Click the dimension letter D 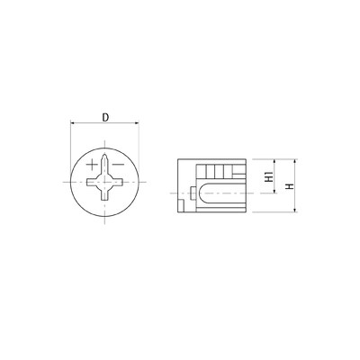tap(105, 118)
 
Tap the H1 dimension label tap(270, 176)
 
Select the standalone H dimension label tap(290, 186)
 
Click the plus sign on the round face tap(92, 165)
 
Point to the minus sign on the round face tap(118, 165)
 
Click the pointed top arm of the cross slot tap(104, 165)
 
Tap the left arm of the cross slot tap(93, 182)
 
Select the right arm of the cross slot tap(116, 182)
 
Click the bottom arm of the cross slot tap(104, 193)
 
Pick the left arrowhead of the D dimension tap(72, 122)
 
